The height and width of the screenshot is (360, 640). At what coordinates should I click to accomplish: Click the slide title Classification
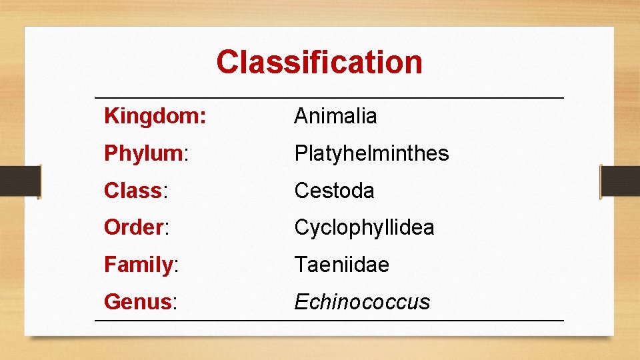tap(319, 62)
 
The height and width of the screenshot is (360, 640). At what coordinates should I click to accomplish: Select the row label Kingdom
tap(155, 117)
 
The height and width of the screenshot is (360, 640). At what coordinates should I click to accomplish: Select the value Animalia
tap(335, 116)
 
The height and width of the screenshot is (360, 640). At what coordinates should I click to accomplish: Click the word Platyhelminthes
tap(371, 153)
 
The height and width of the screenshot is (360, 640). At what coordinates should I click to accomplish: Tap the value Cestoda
tap(334, 191)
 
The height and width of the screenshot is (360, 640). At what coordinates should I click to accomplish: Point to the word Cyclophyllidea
tap(364, 227)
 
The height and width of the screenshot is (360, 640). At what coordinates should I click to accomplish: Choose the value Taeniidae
tap(341, 265)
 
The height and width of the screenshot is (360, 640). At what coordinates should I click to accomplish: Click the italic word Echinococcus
tap(362, 302)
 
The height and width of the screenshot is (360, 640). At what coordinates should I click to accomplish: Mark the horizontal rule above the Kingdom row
tap(329, 98)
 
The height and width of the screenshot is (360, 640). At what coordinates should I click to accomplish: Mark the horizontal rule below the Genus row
tap(329, 321)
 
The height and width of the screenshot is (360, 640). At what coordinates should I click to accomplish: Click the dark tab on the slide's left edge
tap(20, 181)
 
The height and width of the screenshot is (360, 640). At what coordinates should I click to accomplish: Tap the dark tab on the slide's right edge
tap(620, 181)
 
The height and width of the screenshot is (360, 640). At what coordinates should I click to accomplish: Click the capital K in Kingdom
tap(111, 116)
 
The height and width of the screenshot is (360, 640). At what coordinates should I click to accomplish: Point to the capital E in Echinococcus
tap(301, 302)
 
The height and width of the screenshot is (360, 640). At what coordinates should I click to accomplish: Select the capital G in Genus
tap(111, 302)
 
